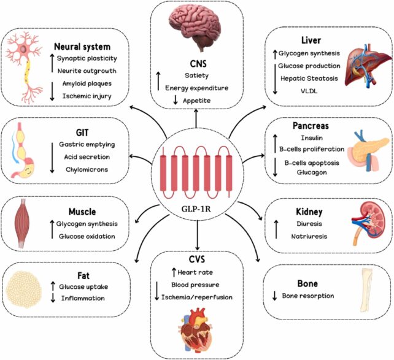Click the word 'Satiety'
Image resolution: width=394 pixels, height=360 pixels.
click(196, 76)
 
